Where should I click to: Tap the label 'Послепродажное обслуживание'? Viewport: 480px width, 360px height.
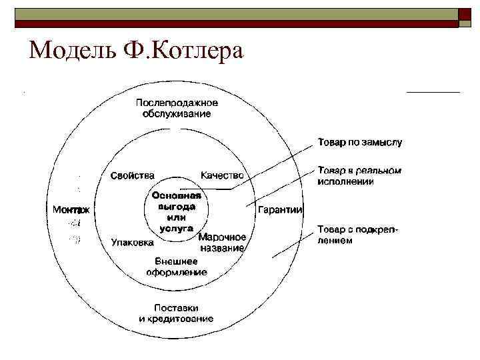(x=177, y=108)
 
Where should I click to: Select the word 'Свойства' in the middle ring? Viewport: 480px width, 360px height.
(x=132, y=175)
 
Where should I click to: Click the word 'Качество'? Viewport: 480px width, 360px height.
(x=222, y=175)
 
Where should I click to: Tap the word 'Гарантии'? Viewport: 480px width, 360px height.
(x=280, y=209)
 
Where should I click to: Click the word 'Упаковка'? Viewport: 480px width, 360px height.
(x=132, y=243)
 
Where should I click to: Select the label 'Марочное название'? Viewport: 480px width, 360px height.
(x=223, y=242)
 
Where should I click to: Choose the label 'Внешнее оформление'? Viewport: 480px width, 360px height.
(x=177, y=267)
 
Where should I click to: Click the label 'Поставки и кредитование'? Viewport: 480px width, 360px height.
(x=177, y=313)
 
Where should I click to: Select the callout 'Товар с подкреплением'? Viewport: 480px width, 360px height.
(x=358, y=235)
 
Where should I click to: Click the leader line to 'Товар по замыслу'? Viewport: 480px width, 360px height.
(x=267, y=168)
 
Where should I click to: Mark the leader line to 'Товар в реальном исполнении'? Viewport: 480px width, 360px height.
(x=280, y=188)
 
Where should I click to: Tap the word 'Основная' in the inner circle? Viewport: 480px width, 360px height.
(x=177, y=196)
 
